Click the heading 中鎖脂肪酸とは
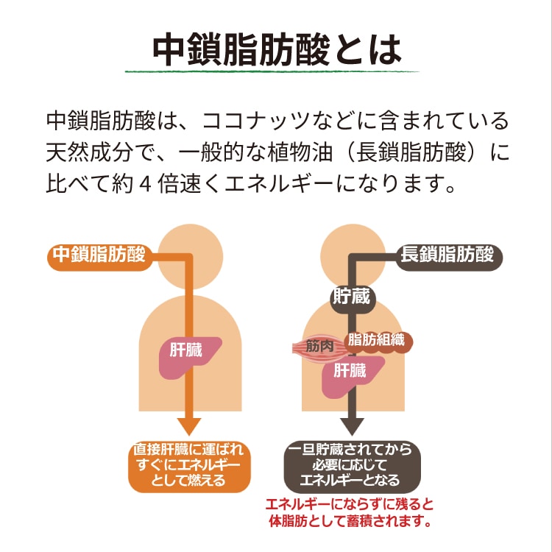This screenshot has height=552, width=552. [x=276, y=49]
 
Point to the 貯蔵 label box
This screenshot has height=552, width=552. [x=350, y=298]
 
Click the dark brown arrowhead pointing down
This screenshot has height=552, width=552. [x=350, y=428]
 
